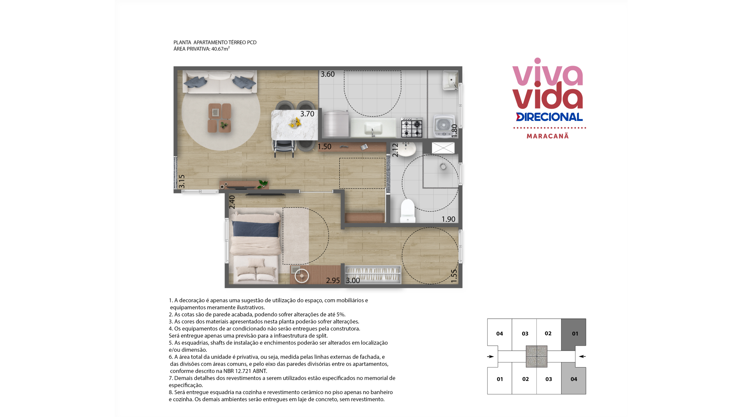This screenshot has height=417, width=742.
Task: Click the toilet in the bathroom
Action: [x=407, y=211]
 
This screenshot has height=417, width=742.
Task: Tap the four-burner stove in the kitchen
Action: [x=412, y=128]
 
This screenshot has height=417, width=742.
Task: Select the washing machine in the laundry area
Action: [x=444, y=126]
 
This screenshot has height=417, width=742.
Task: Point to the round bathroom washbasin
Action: [x=406, y=149]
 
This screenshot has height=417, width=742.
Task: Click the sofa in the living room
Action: [x=220, y=82]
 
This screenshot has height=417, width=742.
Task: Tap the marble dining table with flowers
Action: [x=294, y=125]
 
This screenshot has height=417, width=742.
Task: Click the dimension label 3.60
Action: [x=328, y=74]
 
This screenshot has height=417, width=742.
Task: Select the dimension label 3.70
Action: [x=307, y=114]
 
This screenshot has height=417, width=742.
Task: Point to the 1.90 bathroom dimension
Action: [x=448, y=219]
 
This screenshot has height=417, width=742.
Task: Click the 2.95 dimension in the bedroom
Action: [x=333, y=281]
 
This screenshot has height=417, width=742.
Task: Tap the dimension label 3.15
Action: [x=182, y=181]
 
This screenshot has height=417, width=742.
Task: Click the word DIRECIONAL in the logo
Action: [x=549, y=117]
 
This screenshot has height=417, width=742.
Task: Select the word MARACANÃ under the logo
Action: [x=548, y=136]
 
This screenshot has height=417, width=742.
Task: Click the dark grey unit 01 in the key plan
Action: [x=574, y=333]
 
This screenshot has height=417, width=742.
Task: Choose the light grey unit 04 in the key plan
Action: [x=574, y=379]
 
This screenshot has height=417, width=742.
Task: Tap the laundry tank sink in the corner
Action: [x=450, y=80]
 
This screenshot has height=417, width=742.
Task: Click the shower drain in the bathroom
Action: [x=443, y=167]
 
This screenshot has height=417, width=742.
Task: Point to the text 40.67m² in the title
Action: [x=220, y=49]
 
